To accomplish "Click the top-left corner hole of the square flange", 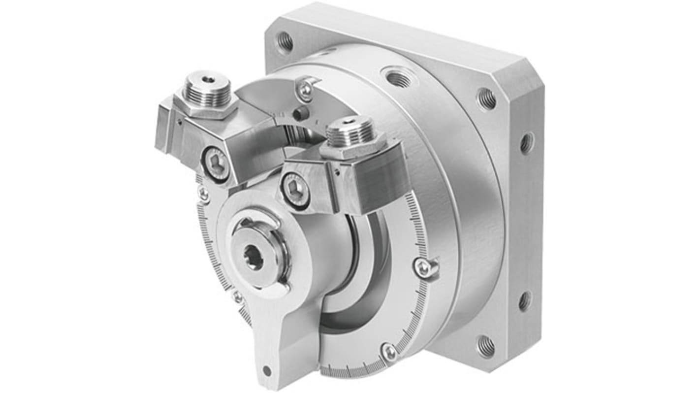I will point(285,41).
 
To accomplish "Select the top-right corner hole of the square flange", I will point(486,99).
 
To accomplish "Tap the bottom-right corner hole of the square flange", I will point(485,346).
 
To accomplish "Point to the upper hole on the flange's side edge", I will point(526,143).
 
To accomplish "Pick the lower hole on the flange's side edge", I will point(525,301).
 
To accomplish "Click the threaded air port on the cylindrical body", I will point(398,78).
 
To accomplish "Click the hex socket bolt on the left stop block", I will point(217,164).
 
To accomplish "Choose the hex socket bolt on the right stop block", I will point(295,189).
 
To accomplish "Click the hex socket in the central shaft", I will point(254,258).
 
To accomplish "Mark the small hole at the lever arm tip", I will point(267,370).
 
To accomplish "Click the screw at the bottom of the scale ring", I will point(389,351).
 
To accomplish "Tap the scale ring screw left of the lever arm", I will point(237,297).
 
